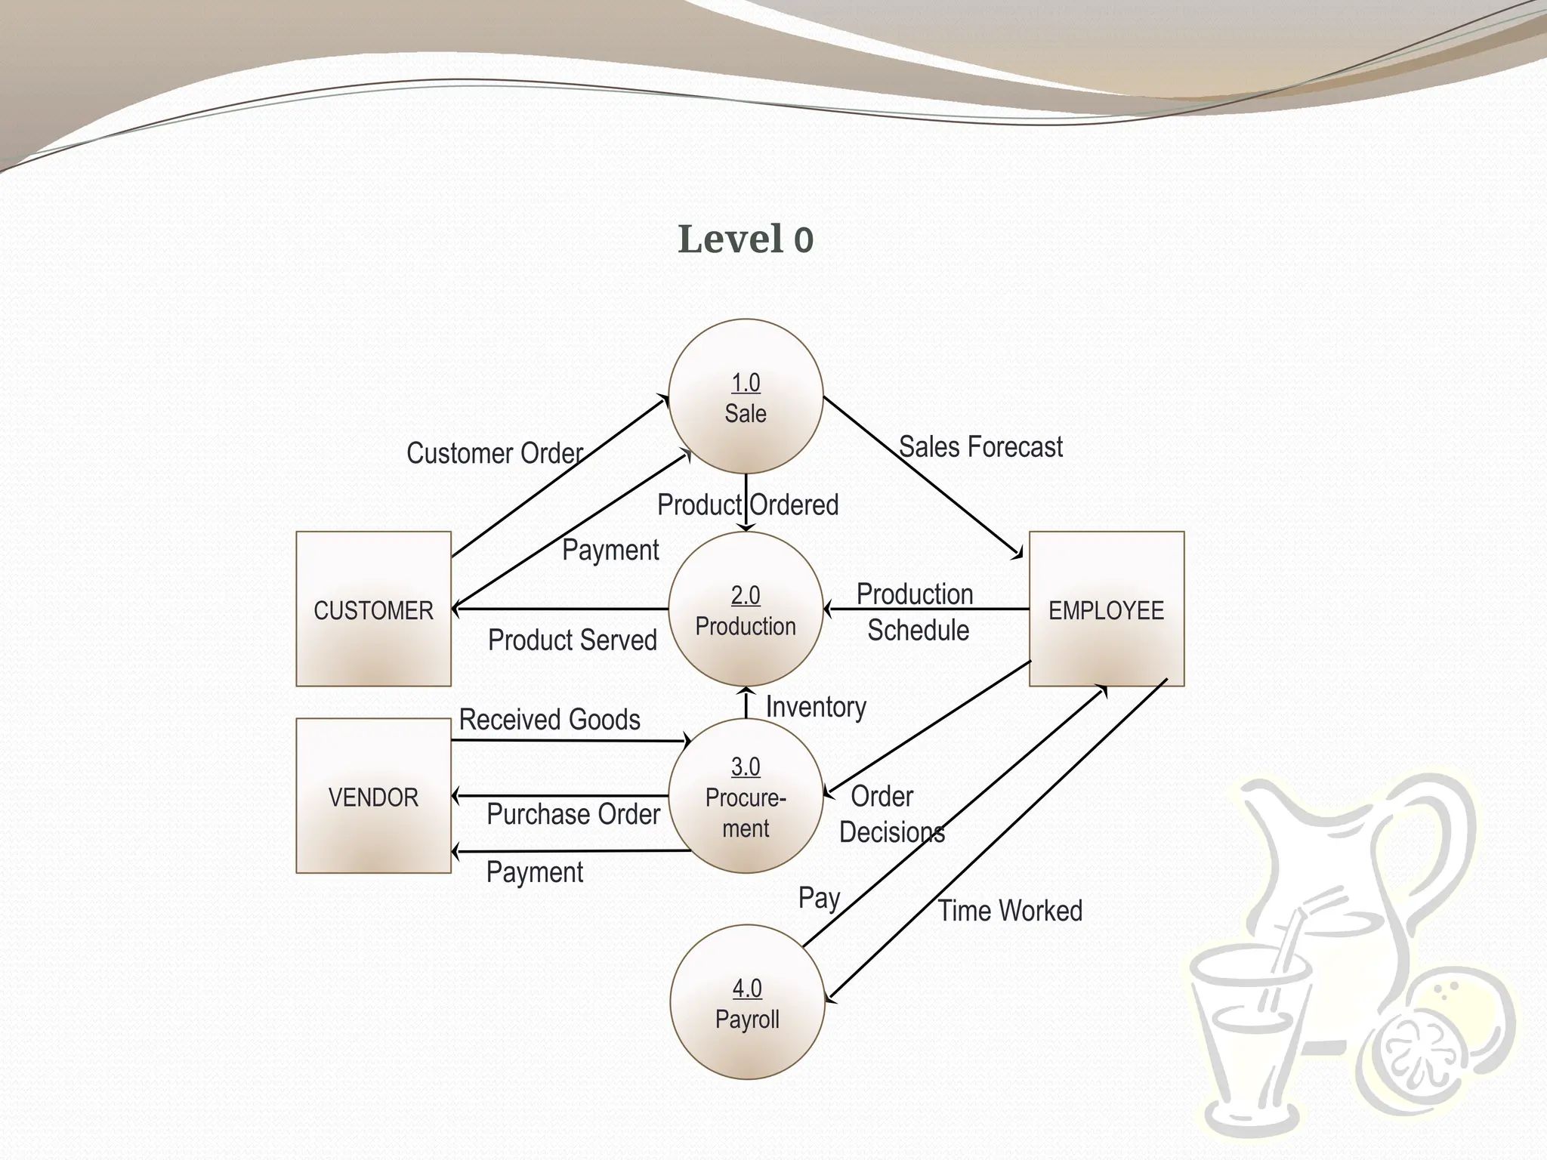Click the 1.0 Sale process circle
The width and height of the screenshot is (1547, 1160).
click(x=746, y=396)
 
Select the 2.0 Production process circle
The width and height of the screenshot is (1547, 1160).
click(x=746, y=609)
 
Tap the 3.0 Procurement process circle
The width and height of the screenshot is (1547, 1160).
click(x=746, y=796)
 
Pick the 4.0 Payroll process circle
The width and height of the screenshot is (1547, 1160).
click(x=747, y=1002)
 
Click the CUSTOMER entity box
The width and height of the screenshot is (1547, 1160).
click(x=373, y=609)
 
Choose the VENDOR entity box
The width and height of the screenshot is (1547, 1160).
click(x=373, y=796)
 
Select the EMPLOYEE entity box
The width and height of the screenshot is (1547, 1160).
click(x=1107, y=609)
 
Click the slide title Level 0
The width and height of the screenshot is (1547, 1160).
click(x=746, y=239)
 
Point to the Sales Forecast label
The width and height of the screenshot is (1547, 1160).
click(x=980, y=447)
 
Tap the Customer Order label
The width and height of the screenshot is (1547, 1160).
click(x=495, y=453)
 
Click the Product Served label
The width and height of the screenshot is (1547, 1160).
click(x=573, y=640)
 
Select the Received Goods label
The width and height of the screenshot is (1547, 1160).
click(x=550, y=720)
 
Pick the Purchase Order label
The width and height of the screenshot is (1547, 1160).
click(x=573, y=814)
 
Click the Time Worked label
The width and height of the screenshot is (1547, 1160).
click(x=1010, y=911)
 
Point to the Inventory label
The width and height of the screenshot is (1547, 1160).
click(x=816, y=707)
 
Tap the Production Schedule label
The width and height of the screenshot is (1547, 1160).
click(x=916, y=612)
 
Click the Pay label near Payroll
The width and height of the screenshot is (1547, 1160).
click(x=820, y=898)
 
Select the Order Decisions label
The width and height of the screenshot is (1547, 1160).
click(x=890, y=814)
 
